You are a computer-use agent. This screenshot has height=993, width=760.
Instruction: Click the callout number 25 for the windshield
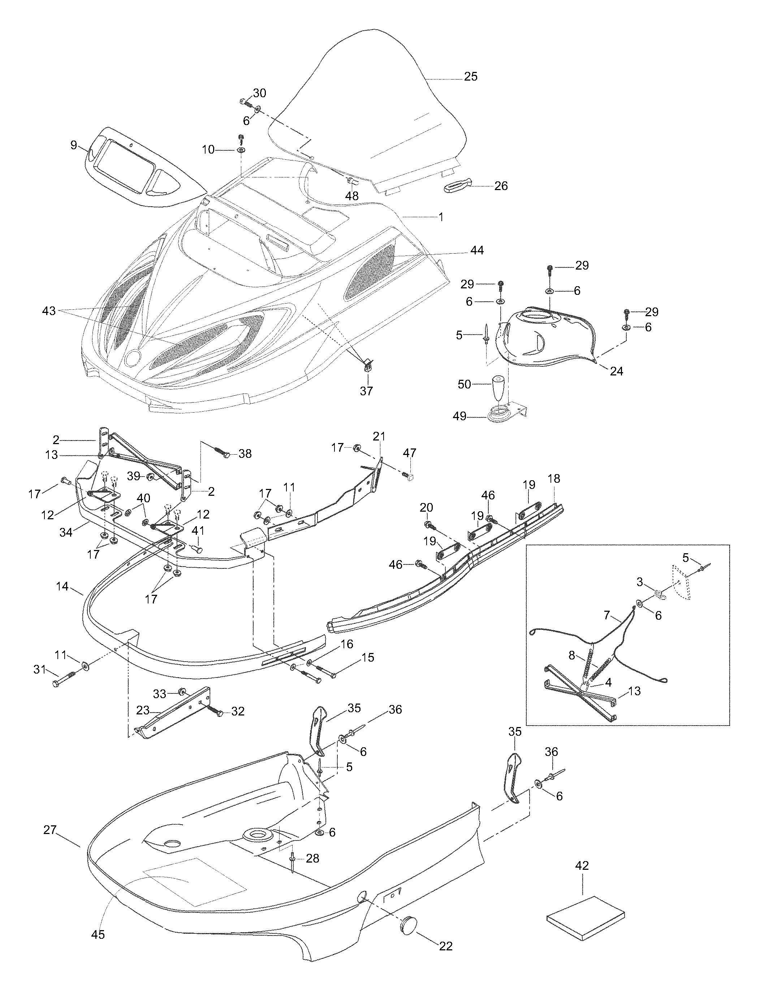[470, 77]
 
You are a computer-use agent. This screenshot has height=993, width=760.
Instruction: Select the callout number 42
[582, 865]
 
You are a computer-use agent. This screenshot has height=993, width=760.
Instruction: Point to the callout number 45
[98, 934]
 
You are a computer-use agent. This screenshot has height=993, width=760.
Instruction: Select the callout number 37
[366, 391]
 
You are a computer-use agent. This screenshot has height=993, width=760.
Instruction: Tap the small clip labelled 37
[367, 363]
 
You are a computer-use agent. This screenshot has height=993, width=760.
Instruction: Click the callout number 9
[74, 145]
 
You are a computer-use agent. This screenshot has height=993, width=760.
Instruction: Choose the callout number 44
[477, 250]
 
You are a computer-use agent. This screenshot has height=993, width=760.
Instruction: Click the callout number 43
[48, 311]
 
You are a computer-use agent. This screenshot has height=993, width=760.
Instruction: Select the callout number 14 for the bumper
[62, 586]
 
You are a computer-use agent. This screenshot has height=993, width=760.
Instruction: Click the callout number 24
[616, 371]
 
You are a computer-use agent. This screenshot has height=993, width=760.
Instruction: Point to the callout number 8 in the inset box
[571, 655]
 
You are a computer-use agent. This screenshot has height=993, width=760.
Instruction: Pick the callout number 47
[409, 453]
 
